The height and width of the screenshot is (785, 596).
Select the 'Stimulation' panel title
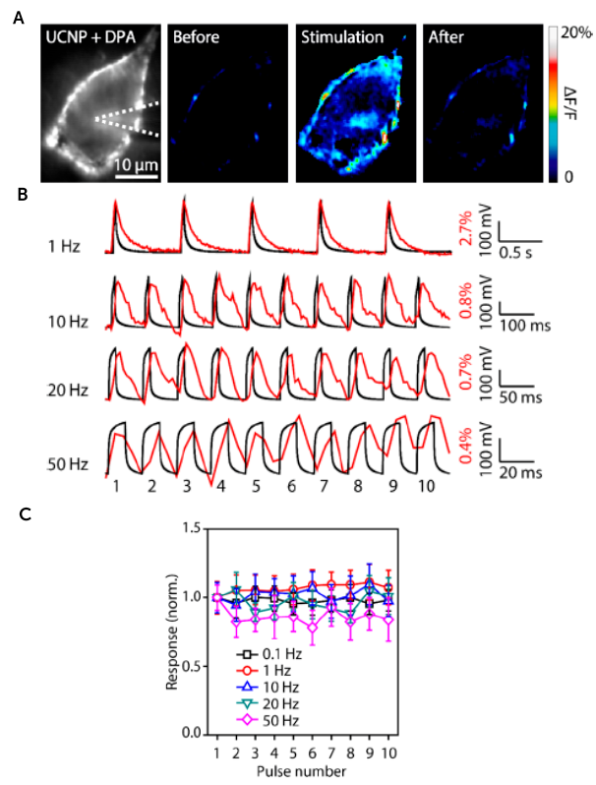point(340,38)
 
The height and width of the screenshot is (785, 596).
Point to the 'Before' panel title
point(197,38)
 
